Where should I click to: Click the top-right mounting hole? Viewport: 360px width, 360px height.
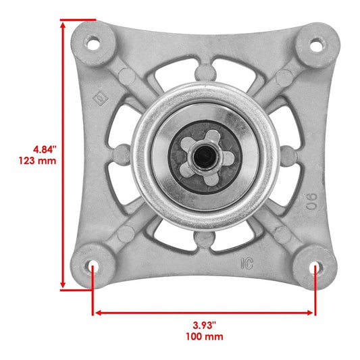coord(315,45)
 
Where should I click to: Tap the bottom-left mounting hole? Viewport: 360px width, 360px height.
coord(92,266)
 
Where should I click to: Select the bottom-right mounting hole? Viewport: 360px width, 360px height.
coord(315,267)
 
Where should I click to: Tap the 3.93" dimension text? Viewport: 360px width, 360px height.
coord(203,324)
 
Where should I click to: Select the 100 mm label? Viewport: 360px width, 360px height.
coord(203,336)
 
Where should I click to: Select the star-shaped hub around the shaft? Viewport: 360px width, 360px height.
coord(203,157)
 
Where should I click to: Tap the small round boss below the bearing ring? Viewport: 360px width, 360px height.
coord(203,241)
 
